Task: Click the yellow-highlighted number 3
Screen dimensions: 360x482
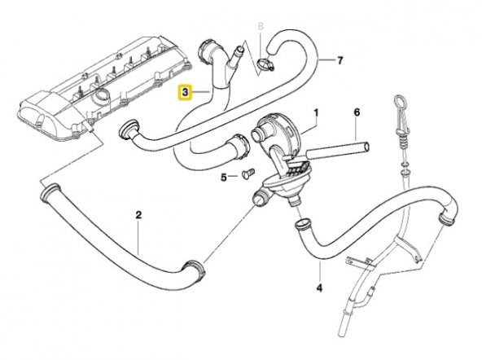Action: coord(186,94)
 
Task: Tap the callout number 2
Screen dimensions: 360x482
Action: coord(138,215)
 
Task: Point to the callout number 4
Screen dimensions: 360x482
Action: coord(319,286)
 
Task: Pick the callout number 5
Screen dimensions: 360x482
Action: coord(222,177)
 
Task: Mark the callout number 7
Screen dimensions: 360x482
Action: coord(340,60)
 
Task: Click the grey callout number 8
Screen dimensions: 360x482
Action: coord(261,27)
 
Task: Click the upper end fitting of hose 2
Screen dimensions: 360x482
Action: coord(50,193)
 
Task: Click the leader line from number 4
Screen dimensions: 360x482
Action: coord(319,269)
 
